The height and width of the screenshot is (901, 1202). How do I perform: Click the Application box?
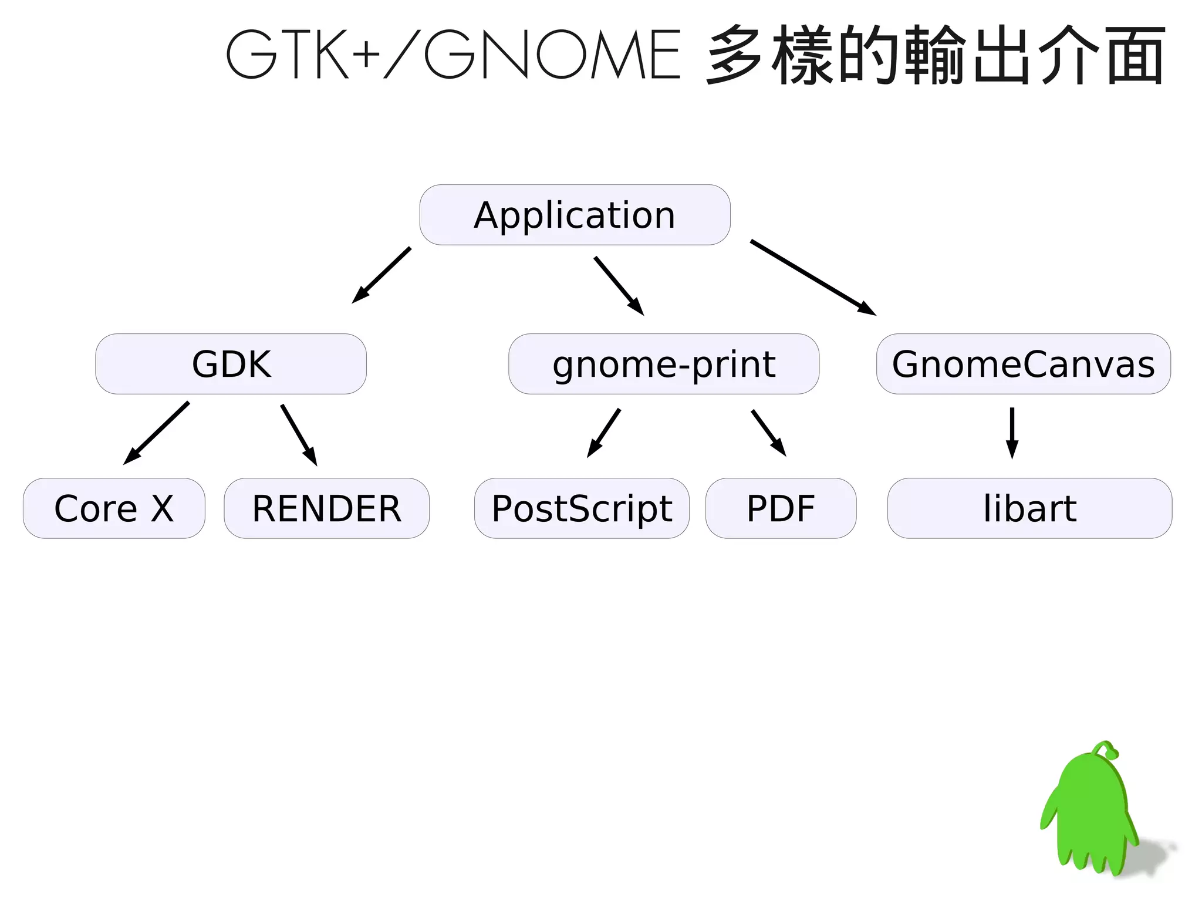575,215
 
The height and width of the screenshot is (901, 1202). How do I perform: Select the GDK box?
231,364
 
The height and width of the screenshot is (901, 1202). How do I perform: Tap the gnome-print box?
663,364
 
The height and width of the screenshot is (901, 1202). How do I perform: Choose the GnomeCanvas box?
1023,364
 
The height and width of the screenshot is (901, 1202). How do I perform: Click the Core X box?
114,508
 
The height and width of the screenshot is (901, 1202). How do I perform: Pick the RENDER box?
326,508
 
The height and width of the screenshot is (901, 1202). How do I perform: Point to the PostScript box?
582,508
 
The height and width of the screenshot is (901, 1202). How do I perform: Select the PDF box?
781,508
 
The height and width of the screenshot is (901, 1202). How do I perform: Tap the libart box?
1029,508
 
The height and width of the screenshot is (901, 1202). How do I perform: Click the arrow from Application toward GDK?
381,275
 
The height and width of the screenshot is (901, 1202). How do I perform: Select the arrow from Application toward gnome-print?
619,286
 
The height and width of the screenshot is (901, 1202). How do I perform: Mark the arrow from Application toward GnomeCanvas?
812,277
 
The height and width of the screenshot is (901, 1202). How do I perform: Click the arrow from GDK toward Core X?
157,433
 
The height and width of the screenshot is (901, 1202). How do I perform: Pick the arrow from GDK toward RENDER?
299,434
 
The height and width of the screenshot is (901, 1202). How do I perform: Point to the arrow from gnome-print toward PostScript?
604,433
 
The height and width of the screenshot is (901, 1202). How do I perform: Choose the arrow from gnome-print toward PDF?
768,433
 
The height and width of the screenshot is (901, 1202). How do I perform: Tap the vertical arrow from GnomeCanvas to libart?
1012,433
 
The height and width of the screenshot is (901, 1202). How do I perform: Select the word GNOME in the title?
552,55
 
